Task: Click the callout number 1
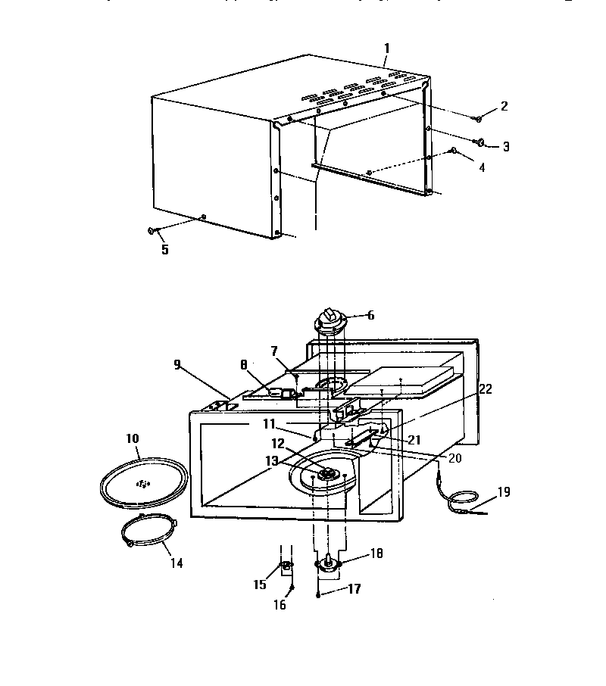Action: [x=386, y=48]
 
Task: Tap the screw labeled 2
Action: [x=479, y=118]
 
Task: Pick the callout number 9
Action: [x=177, y=364]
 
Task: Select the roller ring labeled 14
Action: [x=148, y=535]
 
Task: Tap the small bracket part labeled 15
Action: [x=287, y=567]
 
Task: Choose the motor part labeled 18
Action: [x=329, y=562]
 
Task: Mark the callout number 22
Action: [x=486, y=388]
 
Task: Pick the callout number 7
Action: [x=274, y=351]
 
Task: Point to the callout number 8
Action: [x=244, y=364]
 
